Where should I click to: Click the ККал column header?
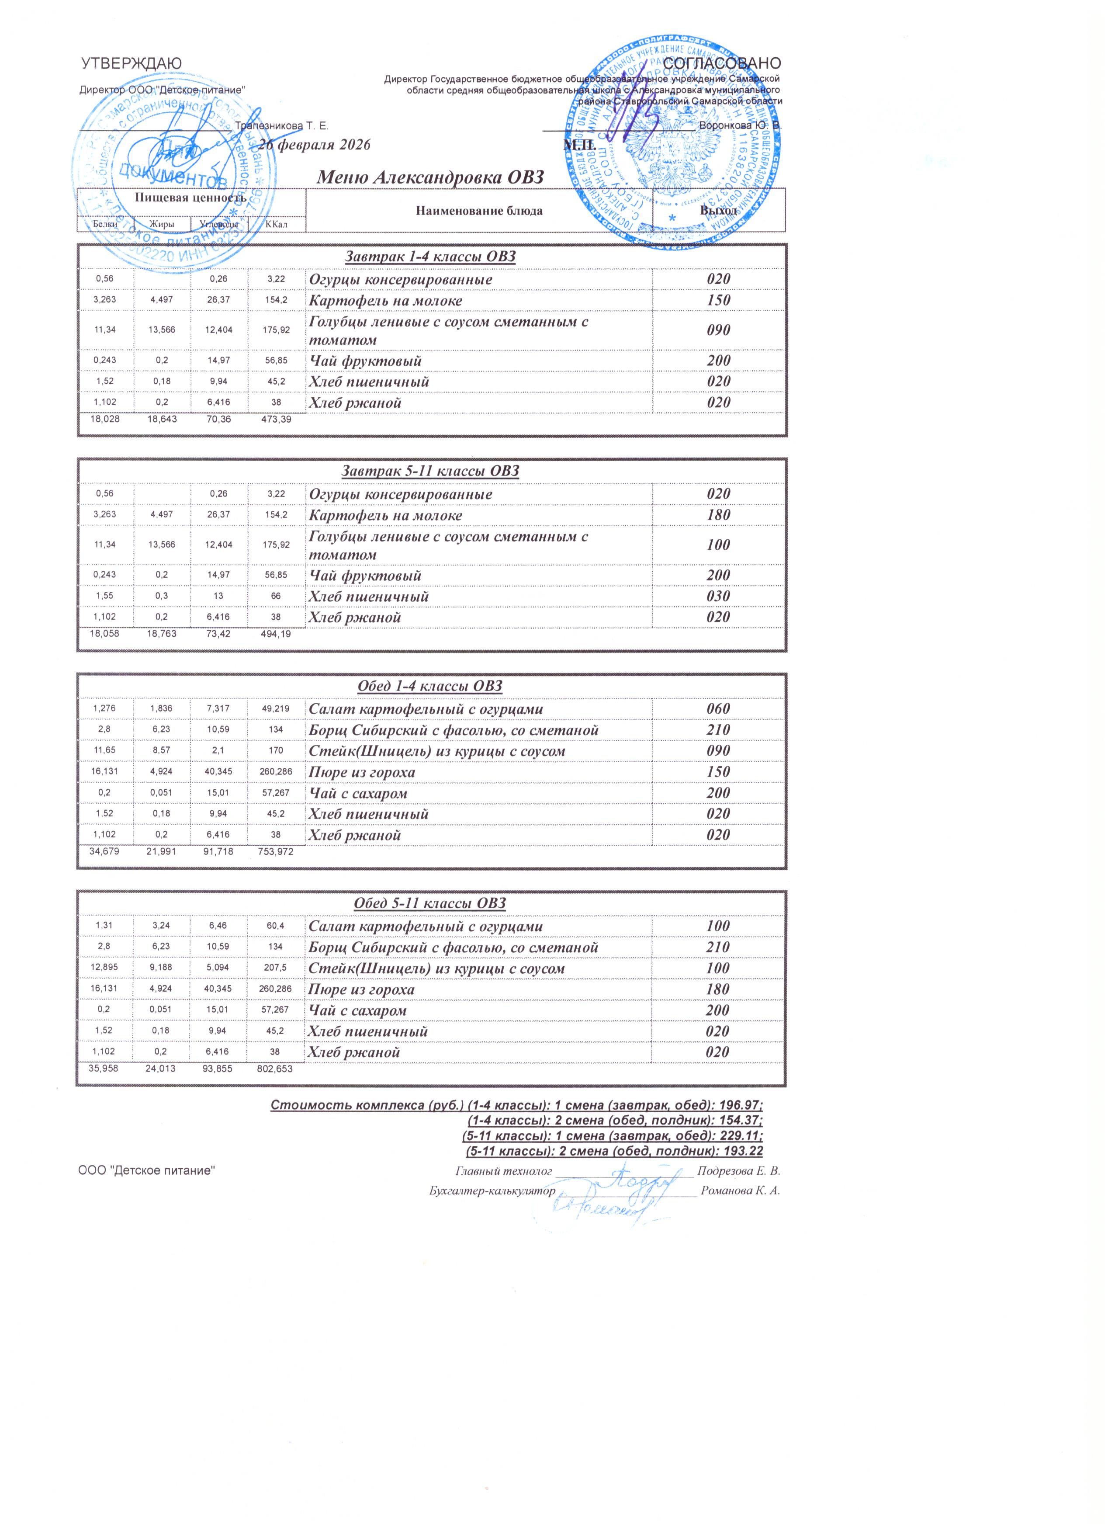[277, 224]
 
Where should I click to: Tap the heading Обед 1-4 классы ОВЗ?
[430, 687]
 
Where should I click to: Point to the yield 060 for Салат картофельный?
[718, 709]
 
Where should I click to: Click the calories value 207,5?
[277, 968]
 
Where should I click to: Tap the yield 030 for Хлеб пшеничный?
[718, 597]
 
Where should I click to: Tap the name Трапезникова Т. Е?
[281, 126]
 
